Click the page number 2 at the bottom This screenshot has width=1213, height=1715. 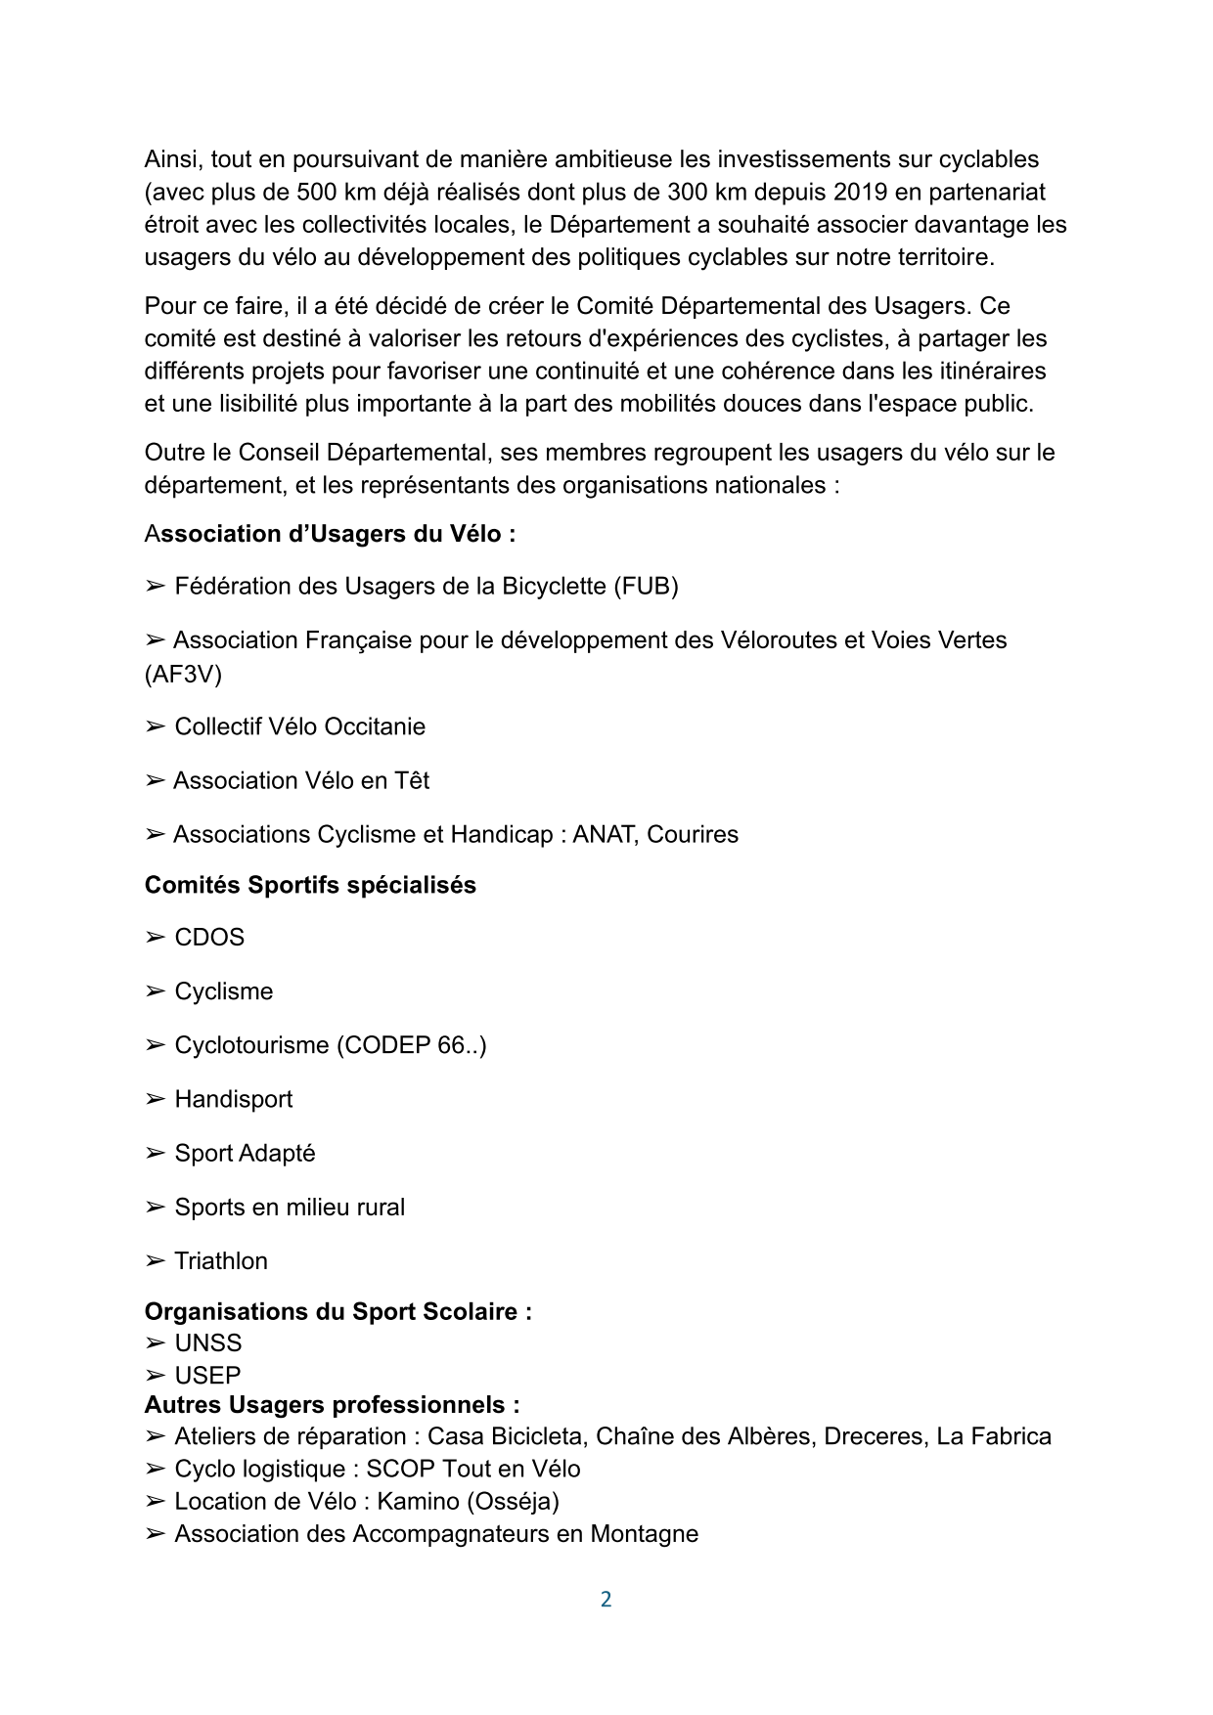pos(606,1599)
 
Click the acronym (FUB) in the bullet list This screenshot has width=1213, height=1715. pos(646,586)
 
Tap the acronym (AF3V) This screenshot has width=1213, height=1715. pos(183,674)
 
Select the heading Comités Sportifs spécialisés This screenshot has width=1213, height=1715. pos(310,885)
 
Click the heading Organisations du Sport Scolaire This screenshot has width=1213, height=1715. pos(337,1311)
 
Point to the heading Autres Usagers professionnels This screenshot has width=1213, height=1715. pos(332,1405)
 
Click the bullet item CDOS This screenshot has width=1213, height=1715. pos(209,937)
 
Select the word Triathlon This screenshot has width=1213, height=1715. pos(221,1260)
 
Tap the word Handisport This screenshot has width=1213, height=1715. pos(234,1099)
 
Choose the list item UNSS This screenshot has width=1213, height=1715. pos(208,1342)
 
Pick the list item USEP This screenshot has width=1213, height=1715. pos(207,1375)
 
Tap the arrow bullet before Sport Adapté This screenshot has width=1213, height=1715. pos(155,1154)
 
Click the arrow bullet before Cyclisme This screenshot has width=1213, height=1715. pos(155,991)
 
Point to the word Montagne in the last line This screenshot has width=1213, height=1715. pos(644,1533)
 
